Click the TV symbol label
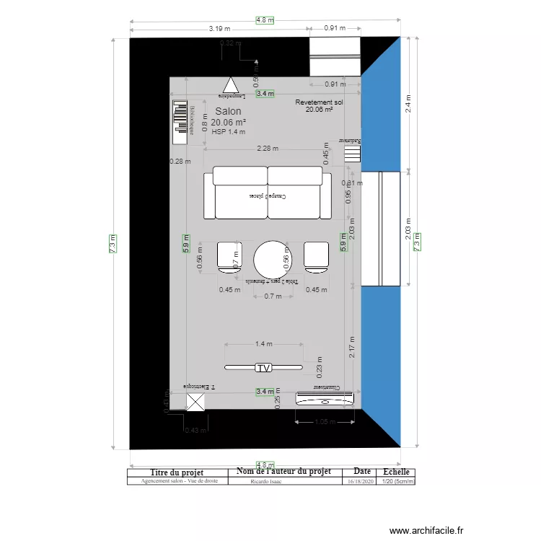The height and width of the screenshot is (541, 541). (264, 368)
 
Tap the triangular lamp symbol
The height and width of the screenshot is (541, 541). (229, 84)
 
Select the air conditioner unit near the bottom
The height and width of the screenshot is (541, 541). (325, 397)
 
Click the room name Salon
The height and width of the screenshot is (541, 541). (229, 112)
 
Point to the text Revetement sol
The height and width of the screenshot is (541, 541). (319, 103)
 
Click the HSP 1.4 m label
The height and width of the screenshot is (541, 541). (229, 132)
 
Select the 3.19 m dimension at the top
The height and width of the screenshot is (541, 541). (219, 29)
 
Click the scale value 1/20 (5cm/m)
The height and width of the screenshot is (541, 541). (397, 481)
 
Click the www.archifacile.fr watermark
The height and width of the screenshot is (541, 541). (426, 529)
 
